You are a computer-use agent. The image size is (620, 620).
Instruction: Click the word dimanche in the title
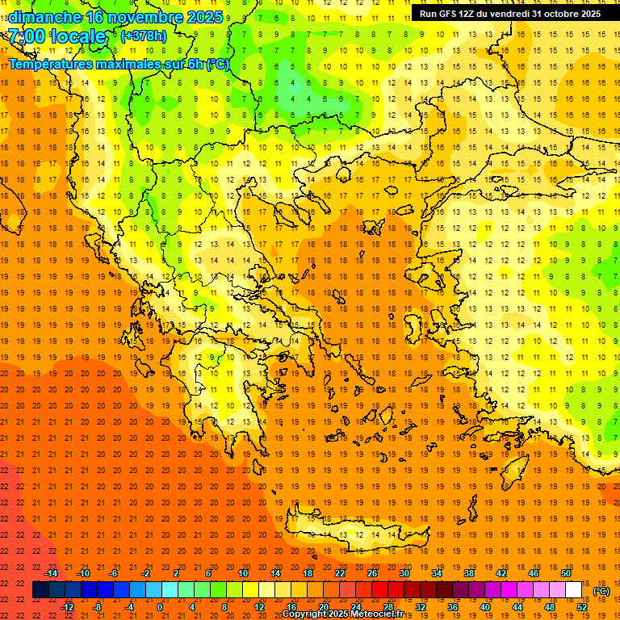[x=44, y=17]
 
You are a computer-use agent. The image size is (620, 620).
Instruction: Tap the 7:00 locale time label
[x=57, y=36]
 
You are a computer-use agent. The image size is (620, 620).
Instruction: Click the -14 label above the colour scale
[x=51, y=573]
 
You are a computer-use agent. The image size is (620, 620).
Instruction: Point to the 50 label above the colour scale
[x=565, y=573]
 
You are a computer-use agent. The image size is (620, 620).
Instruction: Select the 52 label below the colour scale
[x=581, y=607]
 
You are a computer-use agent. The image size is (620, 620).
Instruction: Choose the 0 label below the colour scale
[x=161, y=607]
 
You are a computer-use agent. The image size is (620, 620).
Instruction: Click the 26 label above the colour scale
[x=372, y=573]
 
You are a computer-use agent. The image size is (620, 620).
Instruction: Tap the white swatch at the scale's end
[x=573, y=590]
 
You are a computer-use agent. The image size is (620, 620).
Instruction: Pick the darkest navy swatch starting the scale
[x=40, y=590]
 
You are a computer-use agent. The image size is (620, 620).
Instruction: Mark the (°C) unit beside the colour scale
[x=601, y=591]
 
